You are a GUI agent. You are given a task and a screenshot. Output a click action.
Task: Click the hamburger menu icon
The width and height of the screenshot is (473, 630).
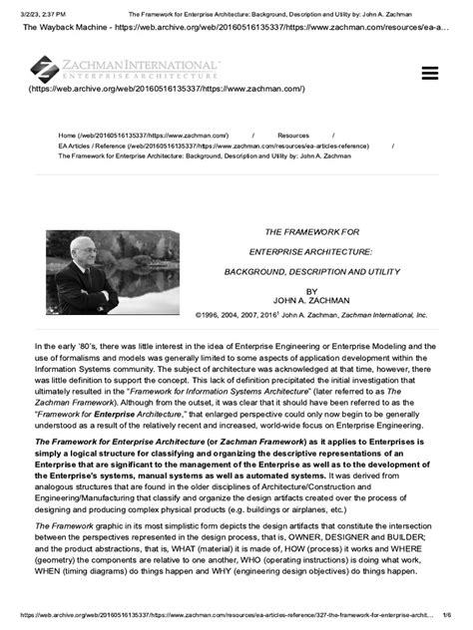430,73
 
